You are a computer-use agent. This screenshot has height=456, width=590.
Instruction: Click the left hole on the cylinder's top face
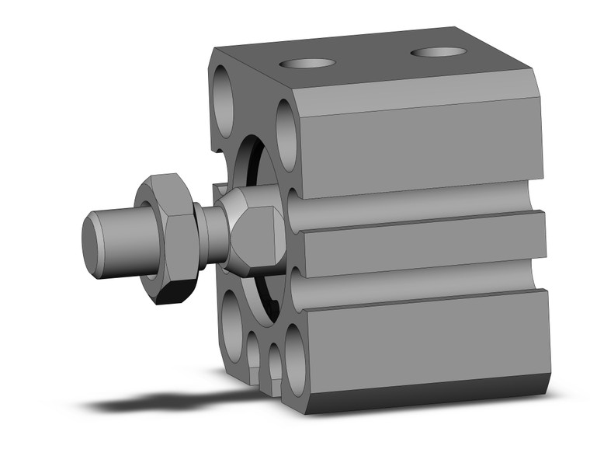(307, 63)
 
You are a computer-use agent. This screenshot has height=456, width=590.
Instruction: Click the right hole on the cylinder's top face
(439, 53)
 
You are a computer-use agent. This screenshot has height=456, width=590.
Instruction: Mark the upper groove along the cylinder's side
(419, 204)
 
